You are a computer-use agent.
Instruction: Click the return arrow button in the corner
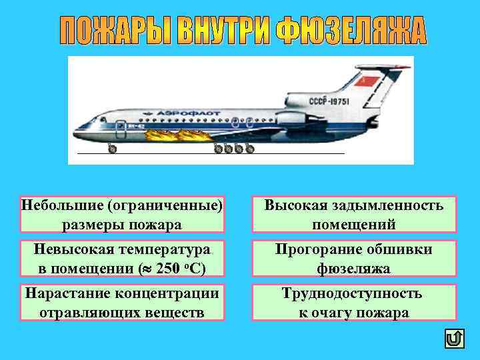[x=454, y=339]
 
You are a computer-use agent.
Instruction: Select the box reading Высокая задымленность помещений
[x=353, y=214]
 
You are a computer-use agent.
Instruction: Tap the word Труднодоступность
[x=351, y=293]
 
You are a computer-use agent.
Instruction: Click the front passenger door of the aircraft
[x=121, y=127]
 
